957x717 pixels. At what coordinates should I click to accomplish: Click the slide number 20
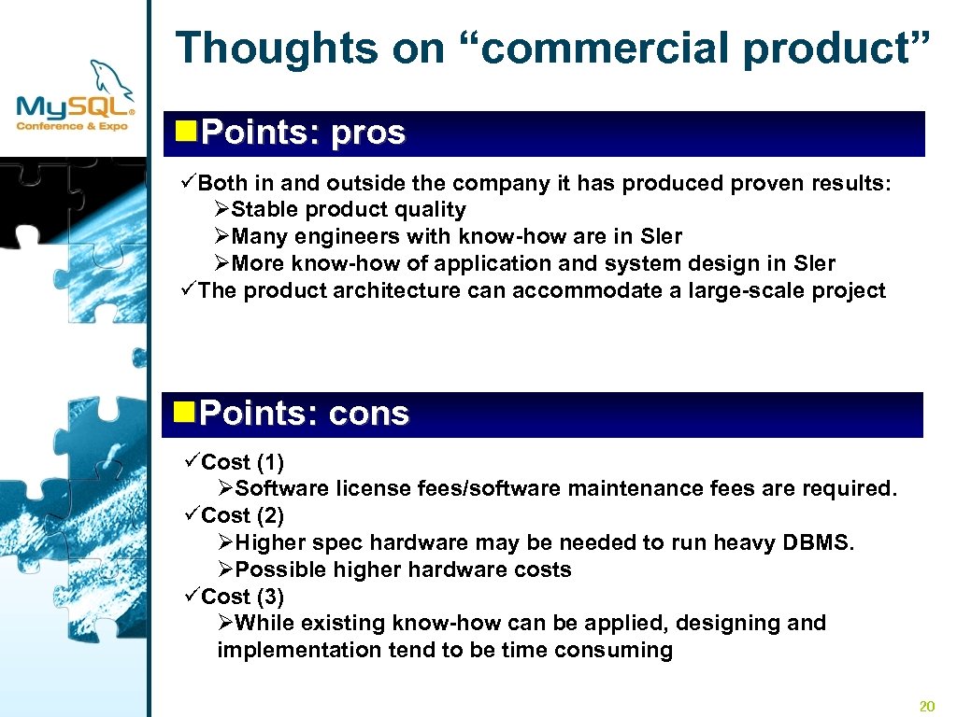(x=927, y=705)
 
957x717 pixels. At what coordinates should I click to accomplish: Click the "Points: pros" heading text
(x=303, y=134)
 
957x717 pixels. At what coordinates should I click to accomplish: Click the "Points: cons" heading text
(x=305, y=414)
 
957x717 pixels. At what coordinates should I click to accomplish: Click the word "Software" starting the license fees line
(x=281, y=488)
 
